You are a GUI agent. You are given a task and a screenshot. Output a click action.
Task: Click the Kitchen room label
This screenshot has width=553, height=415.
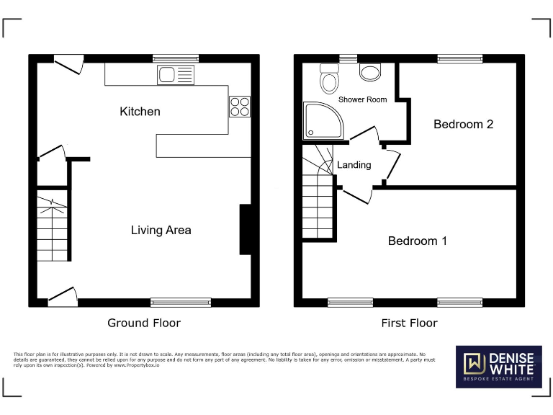point(140,112)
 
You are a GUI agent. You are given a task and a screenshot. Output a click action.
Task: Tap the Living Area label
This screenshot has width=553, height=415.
point(161,230)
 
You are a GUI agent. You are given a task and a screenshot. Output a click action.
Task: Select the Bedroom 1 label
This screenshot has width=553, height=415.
point(417,241)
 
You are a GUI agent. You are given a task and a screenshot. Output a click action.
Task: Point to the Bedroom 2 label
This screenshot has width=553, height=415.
point(463,124)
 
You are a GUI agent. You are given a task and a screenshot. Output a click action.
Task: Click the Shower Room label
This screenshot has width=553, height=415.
point(362,99)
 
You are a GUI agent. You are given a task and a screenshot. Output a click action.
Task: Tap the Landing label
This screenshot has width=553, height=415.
point(354,165)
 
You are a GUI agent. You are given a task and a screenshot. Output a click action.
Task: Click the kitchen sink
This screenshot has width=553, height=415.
point(175,74)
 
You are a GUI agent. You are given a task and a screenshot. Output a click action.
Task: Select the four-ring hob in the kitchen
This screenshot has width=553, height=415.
point(239,107)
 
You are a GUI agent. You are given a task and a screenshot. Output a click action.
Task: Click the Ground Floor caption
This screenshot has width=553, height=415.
point(144,323)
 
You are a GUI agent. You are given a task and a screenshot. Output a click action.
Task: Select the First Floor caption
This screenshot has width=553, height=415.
point(409,323)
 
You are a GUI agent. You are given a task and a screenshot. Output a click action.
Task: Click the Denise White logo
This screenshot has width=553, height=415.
point(498,367)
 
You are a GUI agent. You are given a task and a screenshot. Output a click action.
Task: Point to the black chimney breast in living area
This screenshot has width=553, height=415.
point(245,230)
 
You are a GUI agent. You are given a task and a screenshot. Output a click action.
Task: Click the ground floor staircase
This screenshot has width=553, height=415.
point(52,228)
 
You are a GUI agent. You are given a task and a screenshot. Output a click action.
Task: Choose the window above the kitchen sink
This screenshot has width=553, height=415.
point(175,58)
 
